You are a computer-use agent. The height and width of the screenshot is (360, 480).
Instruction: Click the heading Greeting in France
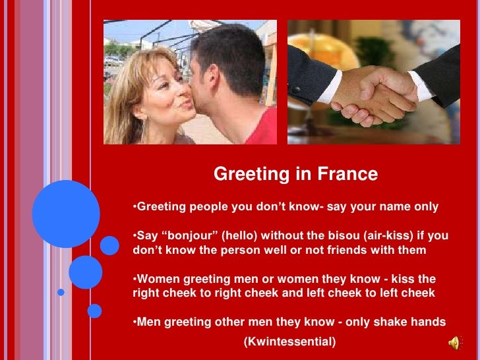[x=295, y=174]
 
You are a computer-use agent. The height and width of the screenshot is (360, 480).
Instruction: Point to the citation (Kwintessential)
[x=289, y=342]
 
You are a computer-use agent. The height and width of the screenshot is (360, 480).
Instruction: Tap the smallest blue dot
[x=61, y=291]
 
